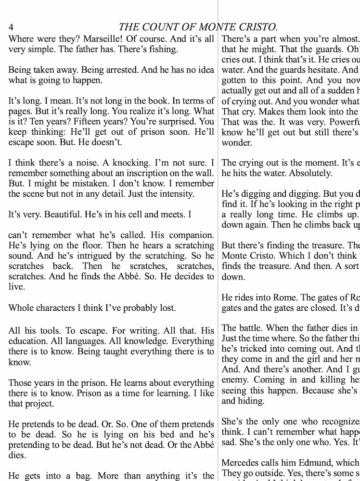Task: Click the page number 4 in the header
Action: click(x=11, y=27)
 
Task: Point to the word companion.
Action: click(x=190, y=235)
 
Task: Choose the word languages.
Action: click(x=80, y=341)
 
